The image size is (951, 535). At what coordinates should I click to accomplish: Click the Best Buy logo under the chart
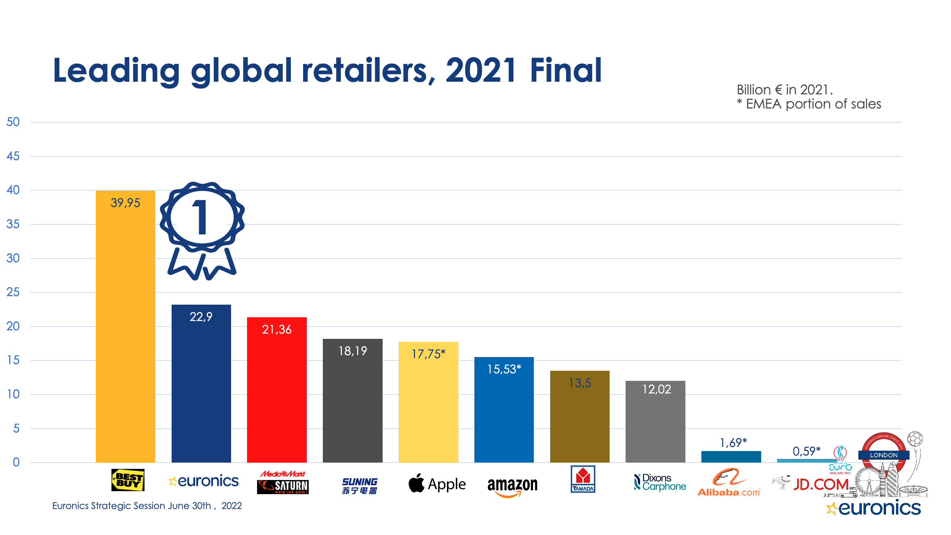(128, 480)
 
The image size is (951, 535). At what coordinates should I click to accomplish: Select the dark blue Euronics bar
(201, 386)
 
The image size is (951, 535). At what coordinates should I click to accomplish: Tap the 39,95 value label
(126, 203)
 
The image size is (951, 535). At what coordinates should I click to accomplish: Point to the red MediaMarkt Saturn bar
(277, 394)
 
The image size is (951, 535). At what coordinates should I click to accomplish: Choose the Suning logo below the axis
(360, 486)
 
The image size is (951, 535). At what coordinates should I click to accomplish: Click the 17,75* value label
(428, 354)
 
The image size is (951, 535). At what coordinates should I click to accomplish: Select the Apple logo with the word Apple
(437, 484)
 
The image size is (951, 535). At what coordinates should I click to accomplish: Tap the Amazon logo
(512, 486)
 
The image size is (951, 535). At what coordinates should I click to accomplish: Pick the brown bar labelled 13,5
(580, 420)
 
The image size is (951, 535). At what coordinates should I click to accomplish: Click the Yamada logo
(582, 479)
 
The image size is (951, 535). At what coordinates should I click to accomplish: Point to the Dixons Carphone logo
(660, 482)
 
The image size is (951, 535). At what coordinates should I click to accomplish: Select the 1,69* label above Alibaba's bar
(733, 442)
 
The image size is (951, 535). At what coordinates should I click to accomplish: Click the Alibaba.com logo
(729, 483)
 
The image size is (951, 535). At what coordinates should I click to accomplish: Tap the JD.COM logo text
(821, 484)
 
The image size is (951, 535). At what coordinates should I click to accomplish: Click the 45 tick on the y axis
(13, 156)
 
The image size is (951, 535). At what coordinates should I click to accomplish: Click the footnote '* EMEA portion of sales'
(809, 104)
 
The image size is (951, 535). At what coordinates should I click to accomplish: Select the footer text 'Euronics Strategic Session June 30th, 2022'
(147, 506)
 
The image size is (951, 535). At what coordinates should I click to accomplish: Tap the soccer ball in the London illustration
(915, 439)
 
